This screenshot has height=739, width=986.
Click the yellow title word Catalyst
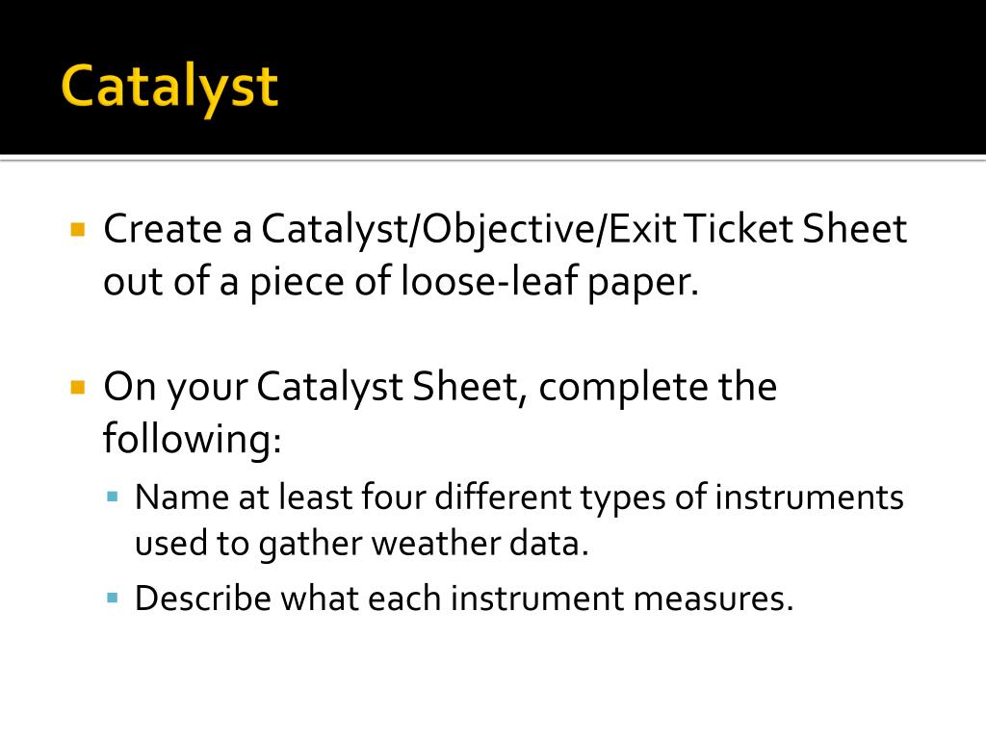(x=169, y=88)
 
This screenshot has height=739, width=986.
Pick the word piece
(x=297, y=283)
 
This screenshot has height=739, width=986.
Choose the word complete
(x=624, y=388)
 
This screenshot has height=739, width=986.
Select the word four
(x=394, y=497)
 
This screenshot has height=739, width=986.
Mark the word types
(x=623, y=499)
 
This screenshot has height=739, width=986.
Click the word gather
(x=309, y=545)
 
